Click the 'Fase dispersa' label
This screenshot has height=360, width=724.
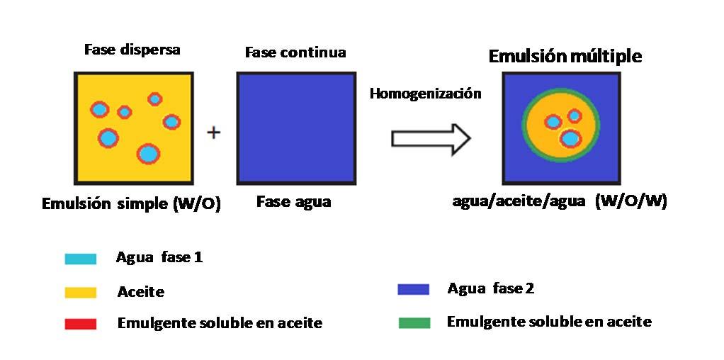132,50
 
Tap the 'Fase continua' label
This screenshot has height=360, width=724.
295,52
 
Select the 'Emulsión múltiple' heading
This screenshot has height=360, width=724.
565,56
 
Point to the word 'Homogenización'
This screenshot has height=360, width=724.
425,94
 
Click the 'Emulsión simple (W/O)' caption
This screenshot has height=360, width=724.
132,204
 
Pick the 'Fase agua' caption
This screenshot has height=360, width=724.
293,202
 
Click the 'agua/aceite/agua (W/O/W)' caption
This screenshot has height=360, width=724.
560,201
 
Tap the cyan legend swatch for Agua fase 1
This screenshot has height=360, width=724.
80,259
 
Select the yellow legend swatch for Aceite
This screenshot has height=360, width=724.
80,291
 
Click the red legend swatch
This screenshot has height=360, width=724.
80,324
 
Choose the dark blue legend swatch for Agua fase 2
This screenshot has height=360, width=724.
414,289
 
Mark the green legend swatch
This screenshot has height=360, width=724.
414,322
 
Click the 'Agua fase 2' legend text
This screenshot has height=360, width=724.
491,288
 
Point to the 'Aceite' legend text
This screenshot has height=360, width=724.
140,291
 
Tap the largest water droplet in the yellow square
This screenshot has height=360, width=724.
147,153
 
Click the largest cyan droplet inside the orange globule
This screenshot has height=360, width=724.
570,138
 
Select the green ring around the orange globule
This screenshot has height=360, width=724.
525,127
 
